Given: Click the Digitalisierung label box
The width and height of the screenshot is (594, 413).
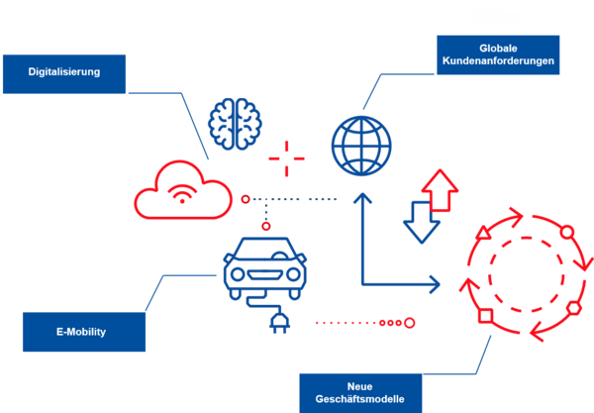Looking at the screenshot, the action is [64, 74].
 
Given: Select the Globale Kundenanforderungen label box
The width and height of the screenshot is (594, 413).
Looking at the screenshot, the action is [498, 54].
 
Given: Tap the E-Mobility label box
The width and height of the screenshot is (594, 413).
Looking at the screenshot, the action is [84, 332].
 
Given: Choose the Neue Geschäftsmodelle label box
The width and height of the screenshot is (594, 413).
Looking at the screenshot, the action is [360, 393].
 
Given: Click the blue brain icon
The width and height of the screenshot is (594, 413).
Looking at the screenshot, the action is [235, 124].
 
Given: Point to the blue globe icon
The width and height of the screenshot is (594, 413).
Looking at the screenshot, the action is [361, 146].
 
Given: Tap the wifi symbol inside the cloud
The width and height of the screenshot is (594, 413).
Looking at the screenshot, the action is [182, 194].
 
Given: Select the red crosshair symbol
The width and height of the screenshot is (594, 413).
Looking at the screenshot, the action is [286, 158].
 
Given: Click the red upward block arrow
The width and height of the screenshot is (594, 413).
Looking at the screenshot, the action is [440, 189].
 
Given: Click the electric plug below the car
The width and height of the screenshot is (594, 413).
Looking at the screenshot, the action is [279, 323].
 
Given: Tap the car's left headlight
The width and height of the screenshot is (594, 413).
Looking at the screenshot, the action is [238, 274].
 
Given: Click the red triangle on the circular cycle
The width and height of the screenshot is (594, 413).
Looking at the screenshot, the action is [483, 233].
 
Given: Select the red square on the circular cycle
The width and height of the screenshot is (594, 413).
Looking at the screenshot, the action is [486, 316].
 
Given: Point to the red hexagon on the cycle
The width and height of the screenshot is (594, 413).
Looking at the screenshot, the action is [574, 308].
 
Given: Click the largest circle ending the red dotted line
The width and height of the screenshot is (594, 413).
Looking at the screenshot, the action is [410, 323].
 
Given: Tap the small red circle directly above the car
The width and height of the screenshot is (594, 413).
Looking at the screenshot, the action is [266, 226].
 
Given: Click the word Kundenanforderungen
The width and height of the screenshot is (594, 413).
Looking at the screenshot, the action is [498, 61].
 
